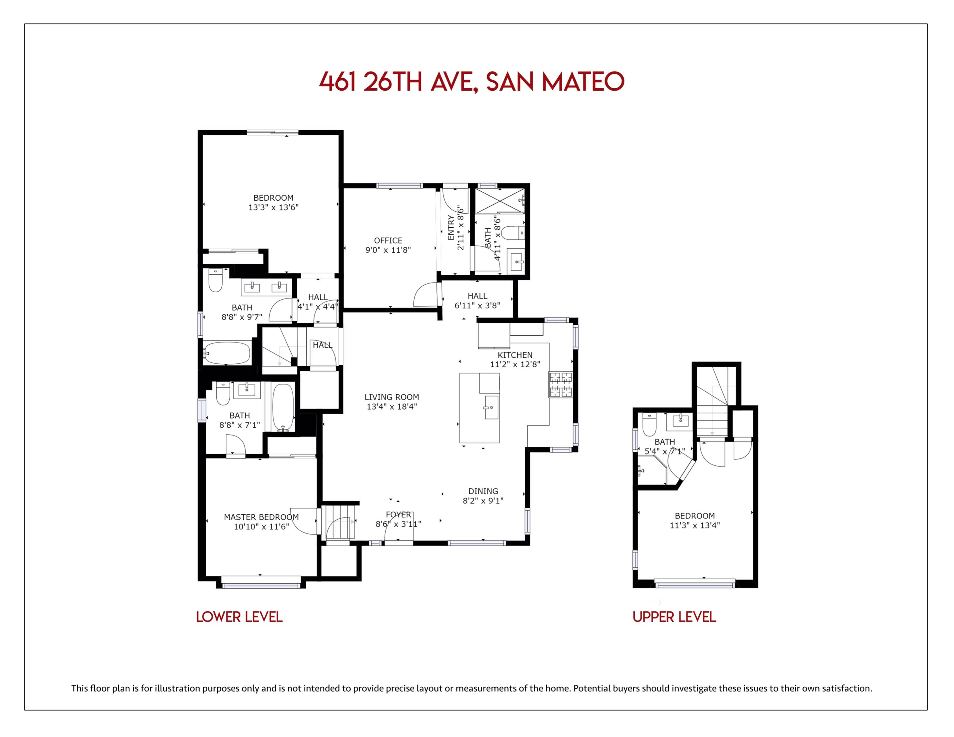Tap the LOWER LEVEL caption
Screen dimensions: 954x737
click(x=239, y=617)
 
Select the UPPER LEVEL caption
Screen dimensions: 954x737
click(x=674, y=617)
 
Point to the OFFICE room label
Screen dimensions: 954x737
click(x=388, y=241)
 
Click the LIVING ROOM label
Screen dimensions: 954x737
click(x=392, y=397)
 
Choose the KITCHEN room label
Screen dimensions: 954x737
click(x=515, y=355)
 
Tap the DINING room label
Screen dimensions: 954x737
click(x=483, y=491)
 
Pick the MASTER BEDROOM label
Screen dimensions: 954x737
click(x=261, y=517)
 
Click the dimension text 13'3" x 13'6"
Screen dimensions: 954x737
click(x=273, y=207)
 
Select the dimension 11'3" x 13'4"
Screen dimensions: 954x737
click(x=695, y=525)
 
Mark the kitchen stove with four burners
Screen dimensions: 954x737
click(x=560, y=384)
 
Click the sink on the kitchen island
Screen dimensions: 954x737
click(x=491, y=407)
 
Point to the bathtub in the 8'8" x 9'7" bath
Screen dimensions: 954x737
click(x=227, y=353)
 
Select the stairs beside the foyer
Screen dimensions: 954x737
click(x=339, y=522)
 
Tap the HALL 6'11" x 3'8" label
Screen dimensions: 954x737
click(x=477, y=301)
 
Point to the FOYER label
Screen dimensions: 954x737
click(x=398, y=515)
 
